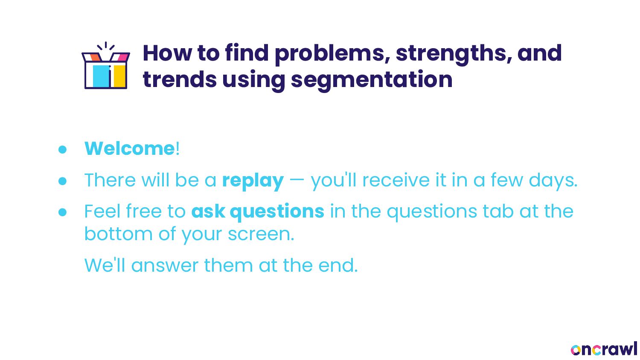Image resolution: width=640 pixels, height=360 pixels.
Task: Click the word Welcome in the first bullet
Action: click(x=129, y=148)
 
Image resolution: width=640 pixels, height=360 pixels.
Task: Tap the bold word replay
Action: click(x=253, y=181)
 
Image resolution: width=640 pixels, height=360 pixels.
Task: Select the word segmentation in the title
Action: click(x=372, y=80)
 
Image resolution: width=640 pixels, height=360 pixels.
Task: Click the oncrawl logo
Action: click(x=604, y=349)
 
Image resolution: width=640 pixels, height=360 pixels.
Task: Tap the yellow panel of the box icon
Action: click(x=120, y=76)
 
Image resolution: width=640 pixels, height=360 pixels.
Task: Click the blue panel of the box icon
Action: click(x=101, y=76)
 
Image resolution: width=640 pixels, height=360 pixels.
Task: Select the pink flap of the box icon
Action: click(x=123, y=57)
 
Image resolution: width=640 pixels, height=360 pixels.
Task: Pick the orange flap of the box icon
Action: click(x=95, y=57)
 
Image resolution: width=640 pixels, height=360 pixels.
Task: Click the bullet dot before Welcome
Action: click(x=62, y=149)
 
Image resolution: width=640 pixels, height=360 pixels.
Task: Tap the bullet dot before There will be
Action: click(x=62, y=181)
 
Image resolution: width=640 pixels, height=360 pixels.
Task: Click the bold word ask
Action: click(x=208, y=212)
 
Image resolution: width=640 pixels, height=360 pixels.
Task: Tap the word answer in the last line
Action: click(x=165, y=266)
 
